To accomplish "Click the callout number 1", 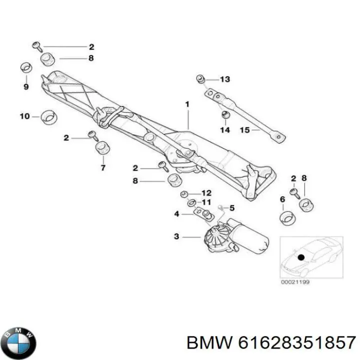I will point(187,104).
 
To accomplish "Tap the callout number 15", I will point(244,130).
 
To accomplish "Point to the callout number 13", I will point(224,79).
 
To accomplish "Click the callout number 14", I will point(224,130).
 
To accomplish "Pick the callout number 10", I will point(24,116).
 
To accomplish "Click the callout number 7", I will point(103,167).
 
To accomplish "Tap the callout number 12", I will point(206,193).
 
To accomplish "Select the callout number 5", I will point(231,207).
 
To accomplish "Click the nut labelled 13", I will point(200,78).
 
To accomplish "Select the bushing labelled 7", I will point(102,148).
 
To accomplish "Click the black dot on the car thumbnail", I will point(300,257).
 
